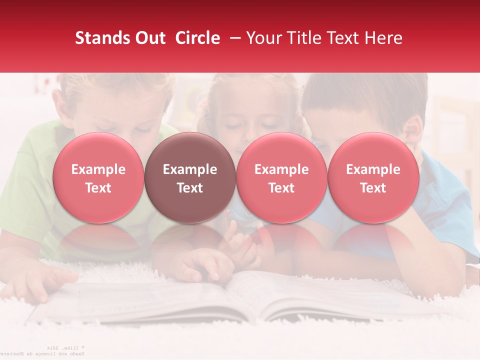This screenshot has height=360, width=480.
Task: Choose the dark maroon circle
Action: tap(190, 178)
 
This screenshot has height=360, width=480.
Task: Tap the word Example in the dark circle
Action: tap(190, 169)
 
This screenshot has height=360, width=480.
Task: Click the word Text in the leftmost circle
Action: tap(98, 188)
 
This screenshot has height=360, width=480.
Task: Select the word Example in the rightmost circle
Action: tap(373, 169)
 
